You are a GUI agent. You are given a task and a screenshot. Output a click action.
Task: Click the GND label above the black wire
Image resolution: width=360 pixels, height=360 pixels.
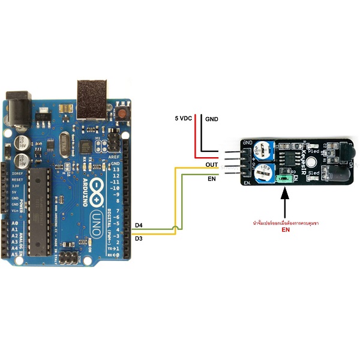(212, 119)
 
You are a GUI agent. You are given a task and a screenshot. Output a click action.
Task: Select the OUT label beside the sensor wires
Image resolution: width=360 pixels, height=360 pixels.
(211, 164)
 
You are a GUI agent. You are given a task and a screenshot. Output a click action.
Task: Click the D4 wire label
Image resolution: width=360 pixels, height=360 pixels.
(139, 225)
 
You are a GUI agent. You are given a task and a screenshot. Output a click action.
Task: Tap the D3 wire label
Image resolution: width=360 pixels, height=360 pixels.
(139, 239)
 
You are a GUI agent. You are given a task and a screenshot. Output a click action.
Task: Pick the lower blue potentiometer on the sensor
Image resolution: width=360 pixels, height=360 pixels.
(262, 175)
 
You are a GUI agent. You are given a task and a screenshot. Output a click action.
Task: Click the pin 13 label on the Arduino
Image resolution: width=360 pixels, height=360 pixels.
(116, 170)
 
